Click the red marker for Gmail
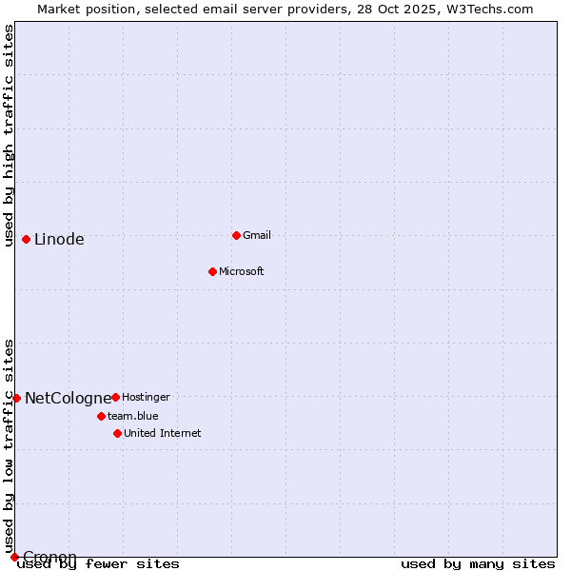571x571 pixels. coord(236,235)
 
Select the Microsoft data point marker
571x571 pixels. coord(212,271)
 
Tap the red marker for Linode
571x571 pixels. coord(26,239)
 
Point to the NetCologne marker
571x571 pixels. coord(16,398)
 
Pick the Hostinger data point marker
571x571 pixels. coord(115,397)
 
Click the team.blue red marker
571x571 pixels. coord(101,416)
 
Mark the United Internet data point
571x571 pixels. coord(117,433)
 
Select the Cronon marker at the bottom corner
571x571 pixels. coord(14,557)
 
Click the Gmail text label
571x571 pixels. coord(257,235)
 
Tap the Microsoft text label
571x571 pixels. coord(242,271)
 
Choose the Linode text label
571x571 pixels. coord(59,239)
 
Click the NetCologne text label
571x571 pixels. coord(68,398)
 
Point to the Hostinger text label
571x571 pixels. coord(146,397)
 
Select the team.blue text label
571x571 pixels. coord(132,416)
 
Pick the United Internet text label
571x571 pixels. coord(162,433)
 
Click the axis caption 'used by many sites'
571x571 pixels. coord(478,563)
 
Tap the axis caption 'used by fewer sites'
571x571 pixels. coord(98,563)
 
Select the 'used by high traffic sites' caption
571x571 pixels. coord(9,135)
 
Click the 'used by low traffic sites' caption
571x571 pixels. coord(9,445)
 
